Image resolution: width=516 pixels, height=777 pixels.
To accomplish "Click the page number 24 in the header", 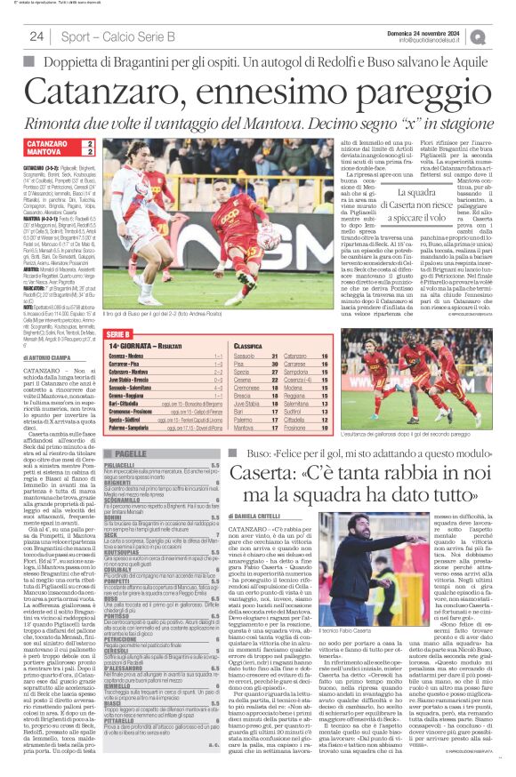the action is pyautogui.click(x=36, y=36).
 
